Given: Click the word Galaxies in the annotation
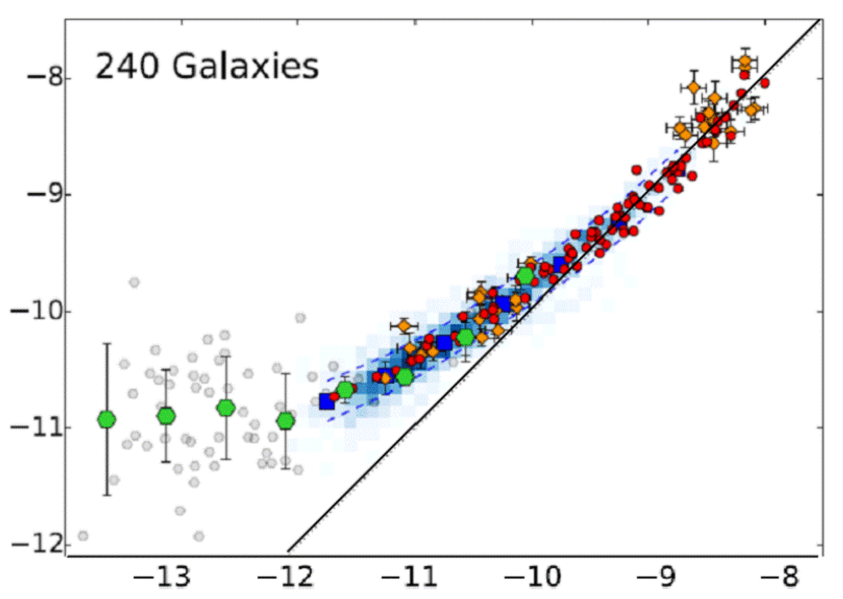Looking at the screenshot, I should (245, 67).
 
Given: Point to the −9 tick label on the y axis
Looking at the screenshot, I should (44, 195).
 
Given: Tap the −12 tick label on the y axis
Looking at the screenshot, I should (36, 545).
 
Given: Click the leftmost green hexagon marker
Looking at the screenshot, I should (107, 419).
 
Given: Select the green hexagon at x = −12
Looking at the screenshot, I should (286, 421).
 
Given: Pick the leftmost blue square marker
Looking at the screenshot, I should (327, 402).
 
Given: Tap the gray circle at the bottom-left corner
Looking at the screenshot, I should (83, 535).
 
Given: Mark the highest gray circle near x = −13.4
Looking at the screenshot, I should (134, 282).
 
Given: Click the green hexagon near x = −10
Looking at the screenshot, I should (525, 276).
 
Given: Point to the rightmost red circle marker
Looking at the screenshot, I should (765, 83).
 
